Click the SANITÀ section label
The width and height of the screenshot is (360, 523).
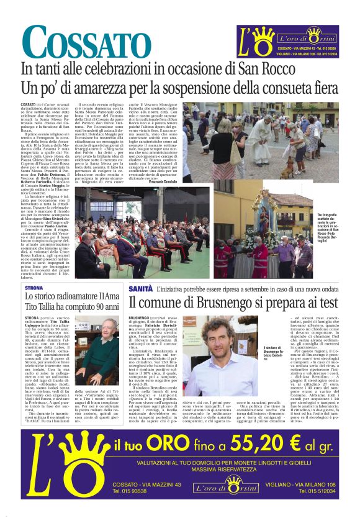pyautogui.click(x=140, y=289)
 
